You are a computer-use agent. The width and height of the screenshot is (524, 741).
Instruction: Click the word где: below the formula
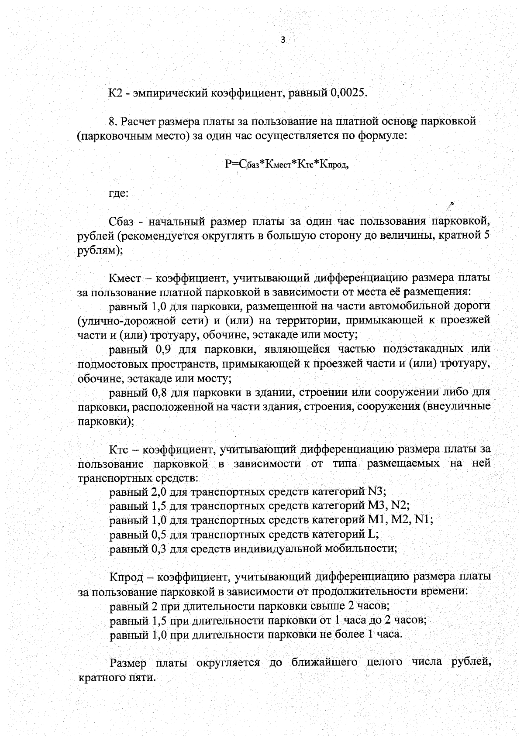click(118, 193)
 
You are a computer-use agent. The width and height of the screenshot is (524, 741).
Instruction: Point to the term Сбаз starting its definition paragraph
click(122, 222)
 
